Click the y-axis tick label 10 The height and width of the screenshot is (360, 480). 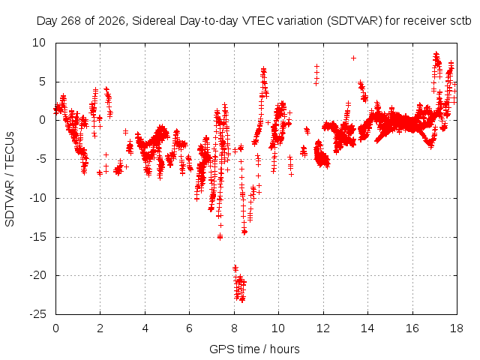[x=39, y=43]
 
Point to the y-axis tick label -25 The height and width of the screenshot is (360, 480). [x=37, y=314]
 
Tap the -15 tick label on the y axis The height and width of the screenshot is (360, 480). [x=37, y=237]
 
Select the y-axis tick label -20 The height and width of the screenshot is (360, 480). [x=37, y=275]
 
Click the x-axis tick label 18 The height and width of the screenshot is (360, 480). [x=457, y=328]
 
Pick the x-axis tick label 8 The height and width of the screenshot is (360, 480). [x=234, y=328]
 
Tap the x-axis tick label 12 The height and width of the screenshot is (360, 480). [x=323, y=328]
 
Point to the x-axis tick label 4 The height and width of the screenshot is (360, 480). [x=145, y=328]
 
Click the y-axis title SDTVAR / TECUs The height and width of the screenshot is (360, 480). [x=10, y=179]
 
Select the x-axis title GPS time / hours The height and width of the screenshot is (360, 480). [x=254, y=349]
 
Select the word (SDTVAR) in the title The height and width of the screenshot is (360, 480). [x=355, y=21]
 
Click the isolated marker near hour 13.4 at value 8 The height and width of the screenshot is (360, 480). [x=353, y=58]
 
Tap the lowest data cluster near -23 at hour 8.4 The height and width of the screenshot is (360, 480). [x=242, y=299]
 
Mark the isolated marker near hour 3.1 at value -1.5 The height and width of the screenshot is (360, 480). [x=125, y=132]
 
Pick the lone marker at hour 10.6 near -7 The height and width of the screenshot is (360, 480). [x=292, y=175]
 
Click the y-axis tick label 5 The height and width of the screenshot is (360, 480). [x=42, y=82]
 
